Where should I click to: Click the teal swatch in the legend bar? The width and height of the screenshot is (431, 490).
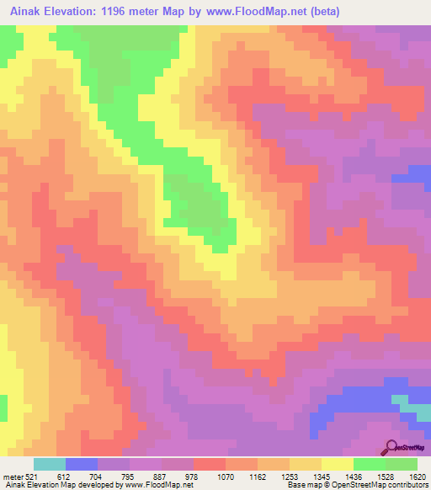coord(50,464)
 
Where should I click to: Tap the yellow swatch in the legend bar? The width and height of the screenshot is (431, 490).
coord(337,464)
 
